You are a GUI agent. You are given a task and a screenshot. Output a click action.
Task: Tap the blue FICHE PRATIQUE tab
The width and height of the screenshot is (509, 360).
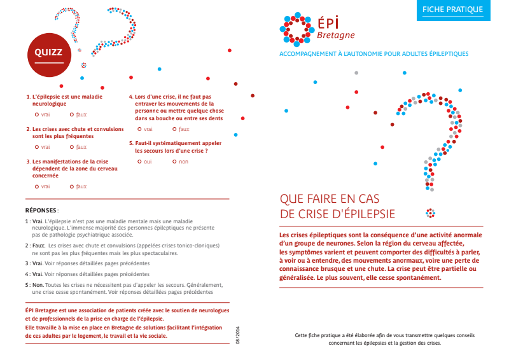(453, 10)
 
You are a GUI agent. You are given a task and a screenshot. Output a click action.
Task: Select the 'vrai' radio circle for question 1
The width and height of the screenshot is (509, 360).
(37, 114)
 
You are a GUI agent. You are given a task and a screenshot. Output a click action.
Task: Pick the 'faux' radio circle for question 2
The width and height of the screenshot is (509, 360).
(72, 146)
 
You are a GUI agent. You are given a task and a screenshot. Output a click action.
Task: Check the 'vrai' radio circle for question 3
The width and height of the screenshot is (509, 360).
(37, 186)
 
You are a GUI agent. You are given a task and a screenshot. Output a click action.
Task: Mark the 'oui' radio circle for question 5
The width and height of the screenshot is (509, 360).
(139, 162)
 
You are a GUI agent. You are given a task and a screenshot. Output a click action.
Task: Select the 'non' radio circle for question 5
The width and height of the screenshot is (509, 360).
(174, 162)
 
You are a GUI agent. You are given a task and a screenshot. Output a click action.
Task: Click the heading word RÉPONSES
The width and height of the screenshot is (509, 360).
(41, 209)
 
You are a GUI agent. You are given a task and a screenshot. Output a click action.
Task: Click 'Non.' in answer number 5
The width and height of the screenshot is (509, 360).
(38, 285)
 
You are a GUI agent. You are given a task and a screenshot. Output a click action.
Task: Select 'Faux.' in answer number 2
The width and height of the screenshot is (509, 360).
(39, 245)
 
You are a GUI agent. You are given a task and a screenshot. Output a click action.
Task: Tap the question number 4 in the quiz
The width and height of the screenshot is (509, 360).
(130, 97)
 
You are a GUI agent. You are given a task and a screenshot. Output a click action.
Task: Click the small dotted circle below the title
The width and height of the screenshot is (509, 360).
(430, 213)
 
